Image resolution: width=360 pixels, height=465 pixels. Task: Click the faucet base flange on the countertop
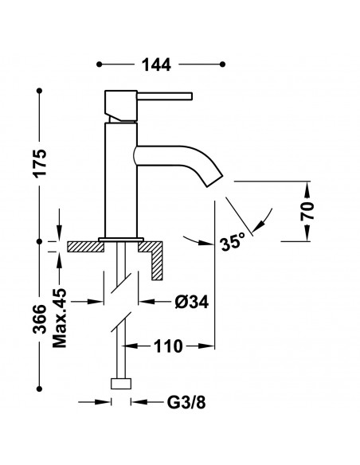120,239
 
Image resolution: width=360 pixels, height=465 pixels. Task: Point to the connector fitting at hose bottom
120,384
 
